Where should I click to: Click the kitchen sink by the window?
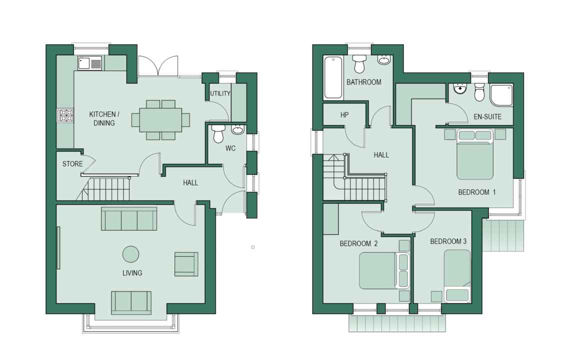[x=89, y=63]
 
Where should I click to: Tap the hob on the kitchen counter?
[x=65, y=115]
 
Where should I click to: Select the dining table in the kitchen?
[x=161, y=120]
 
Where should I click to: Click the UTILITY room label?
[x=220, y=93]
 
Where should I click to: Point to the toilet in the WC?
[x=218, y=133]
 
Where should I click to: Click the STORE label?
[x=72, y=163]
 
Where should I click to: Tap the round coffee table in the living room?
[x=131, y=254]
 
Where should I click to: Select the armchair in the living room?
[x=186, y=264]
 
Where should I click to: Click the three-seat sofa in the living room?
[x=129, y=218]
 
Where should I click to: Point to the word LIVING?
[x=132, y=273]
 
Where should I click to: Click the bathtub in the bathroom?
[x=333, y=77]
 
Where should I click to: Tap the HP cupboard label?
[x=344, y=115]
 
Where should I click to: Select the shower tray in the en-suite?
[x=501, y=95]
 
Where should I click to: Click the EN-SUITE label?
[x=487, y=117]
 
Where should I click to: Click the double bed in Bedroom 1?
[x=475, y=154]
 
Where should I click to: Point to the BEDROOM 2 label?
[x=358, y=243]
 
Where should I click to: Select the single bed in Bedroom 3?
[x=457, y=275]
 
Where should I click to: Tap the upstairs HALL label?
[x=381, y=155]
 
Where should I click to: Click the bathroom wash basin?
[x=383, y=60]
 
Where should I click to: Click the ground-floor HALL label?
[x=190, y=182]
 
